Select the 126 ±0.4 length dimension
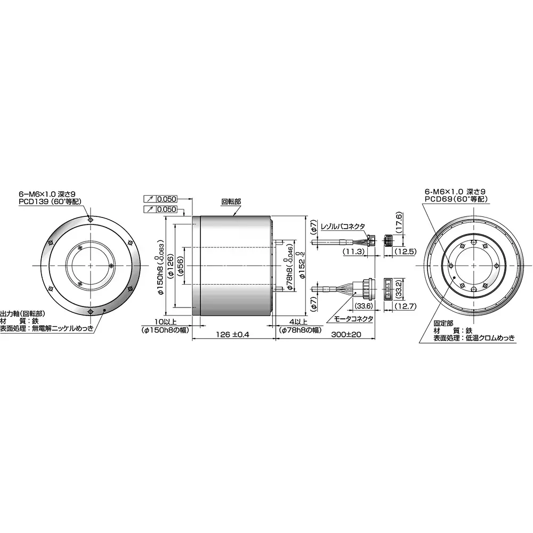coord(233,334)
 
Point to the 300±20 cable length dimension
coord(346,334)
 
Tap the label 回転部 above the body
coord(231,202)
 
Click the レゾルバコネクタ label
coord(343,227)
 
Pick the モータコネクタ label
coord(353,318)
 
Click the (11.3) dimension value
coord(353,251)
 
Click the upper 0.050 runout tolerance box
coord(166,198)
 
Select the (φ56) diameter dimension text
coord(181,265)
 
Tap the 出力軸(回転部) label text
coord(23,314)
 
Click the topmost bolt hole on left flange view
coord(91,219)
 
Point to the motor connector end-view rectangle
coord(388,289)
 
